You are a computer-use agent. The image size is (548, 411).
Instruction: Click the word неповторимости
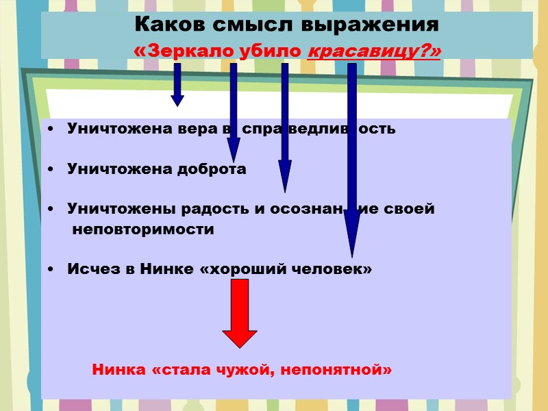click(143, 229)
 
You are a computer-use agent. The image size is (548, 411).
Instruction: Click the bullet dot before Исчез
click(53, 270)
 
